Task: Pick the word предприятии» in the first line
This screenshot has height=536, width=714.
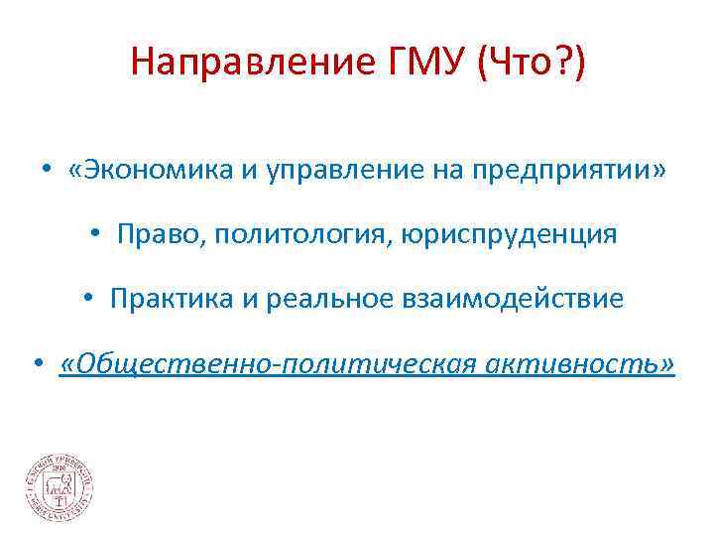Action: [563, 172]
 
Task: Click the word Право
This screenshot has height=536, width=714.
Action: [149, 235]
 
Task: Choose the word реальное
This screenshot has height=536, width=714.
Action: [313, 299]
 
